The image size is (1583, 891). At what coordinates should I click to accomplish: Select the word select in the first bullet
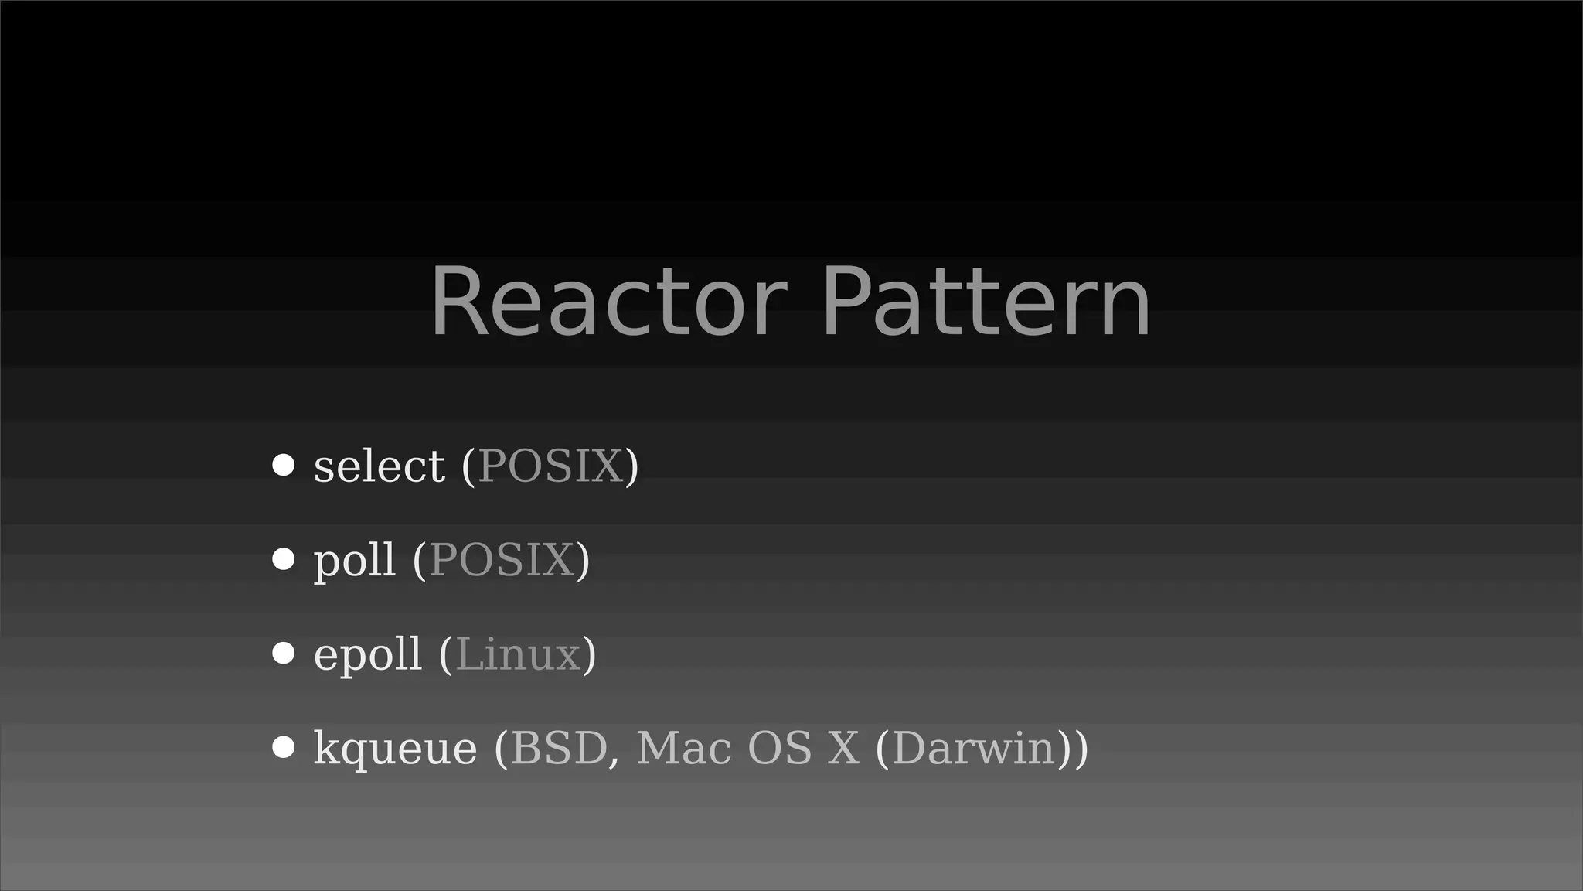click(379, 466)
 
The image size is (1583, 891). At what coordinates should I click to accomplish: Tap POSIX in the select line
click(550, 466)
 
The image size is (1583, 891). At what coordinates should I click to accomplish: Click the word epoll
click(367, 654)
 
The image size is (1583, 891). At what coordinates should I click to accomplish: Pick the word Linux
click(518, 654)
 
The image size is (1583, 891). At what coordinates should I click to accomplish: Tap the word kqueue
click(395, 749)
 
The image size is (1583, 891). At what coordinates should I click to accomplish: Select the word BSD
click(559, 748)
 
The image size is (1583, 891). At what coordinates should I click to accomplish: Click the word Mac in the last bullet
click(683, 748)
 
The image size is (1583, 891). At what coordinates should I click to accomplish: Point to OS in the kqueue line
click(779, 748)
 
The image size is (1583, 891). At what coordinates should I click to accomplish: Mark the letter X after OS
click(843, 748)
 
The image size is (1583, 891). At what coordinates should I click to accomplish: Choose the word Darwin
click(974, 748)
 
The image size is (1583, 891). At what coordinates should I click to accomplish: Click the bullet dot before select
click(284, 466)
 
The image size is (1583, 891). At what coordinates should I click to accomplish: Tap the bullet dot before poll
click(284, 559)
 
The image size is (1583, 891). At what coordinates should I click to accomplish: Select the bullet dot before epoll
click(284, 654)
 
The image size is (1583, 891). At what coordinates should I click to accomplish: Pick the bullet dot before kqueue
click(284, 748)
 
